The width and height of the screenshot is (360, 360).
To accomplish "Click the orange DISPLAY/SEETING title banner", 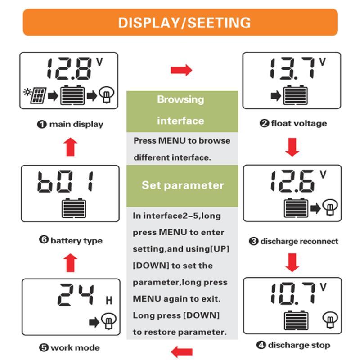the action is [180, 22].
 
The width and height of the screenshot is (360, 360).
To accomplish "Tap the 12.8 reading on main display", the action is [69, 69].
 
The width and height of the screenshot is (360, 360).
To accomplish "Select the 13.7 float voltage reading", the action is [292, 68].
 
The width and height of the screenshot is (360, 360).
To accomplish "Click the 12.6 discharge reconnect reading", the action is [292, 181].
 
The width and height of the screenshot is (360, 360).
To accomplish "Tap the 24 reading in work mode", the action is [76, 295].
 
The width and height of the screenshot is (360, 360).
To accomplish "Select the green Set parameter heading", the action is [182, 186].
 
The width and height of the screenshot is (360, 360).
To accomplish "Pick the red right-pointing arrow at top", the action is [181, 70].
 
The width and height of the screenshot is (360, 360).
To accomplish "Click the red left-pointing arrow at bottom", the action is [182, 351].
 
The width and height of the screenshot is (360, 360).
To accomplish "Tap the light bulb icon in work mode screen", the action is [109, 321].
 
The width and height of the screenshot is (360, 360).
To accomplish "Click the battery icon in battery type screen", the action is [74, 208].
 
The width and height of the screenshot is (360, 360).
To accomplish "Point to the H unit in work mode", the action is [109, 301].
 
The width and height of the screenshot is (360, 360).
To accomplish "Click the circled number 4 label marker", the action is [261, 345].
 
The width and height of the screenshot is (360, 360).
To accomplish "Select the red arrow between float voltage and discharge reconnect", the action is [292, 147].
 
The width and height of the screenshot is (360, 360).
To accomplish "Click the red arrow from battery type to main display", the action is [71, 147].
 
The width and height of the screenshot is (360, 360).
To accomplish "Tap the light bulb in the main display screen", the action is [107, 94].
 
